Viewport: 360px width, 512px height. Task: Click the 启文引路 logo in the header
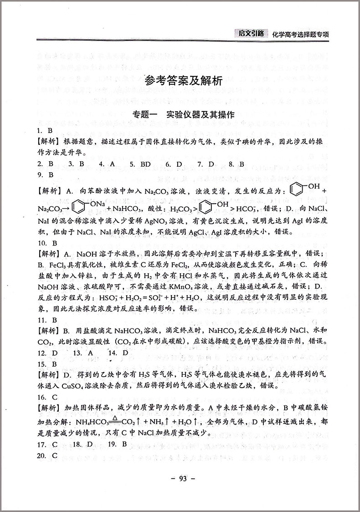coord(250,33)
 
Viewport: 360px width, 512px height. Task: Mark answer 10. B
coord(47,243)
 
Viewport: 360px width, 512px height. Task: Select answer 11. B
coord(47,320)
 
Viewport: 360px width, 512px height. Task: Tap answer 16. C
coord(47,397)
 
